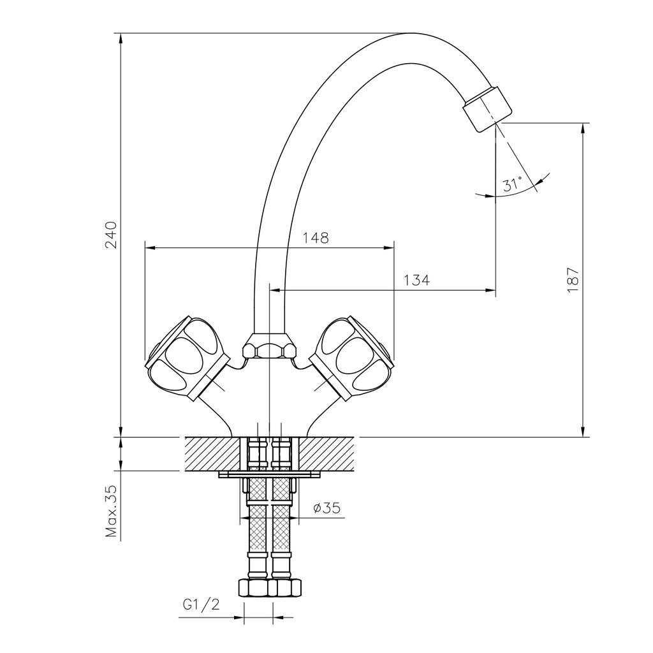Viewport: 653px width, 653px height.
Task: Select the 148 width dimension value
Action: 315,238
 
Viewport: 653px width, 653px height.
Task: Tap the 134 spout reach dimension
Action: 416,280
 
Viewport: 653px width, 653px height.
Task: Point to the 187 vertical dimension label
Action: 573,279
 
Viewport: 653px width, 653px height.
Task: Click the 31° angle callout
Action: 512,185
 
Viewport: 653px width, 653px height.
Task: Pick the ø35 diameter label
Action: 326,508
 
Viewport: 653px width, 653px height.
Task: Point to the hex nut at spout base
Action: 270,349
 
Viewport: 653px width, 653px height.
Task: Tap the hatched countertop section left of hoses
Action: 212,453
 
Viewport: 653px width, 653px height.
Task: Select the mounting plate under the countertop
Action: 269,474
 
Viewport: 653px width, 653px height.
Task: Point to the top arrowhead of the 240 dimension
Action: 121,38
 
